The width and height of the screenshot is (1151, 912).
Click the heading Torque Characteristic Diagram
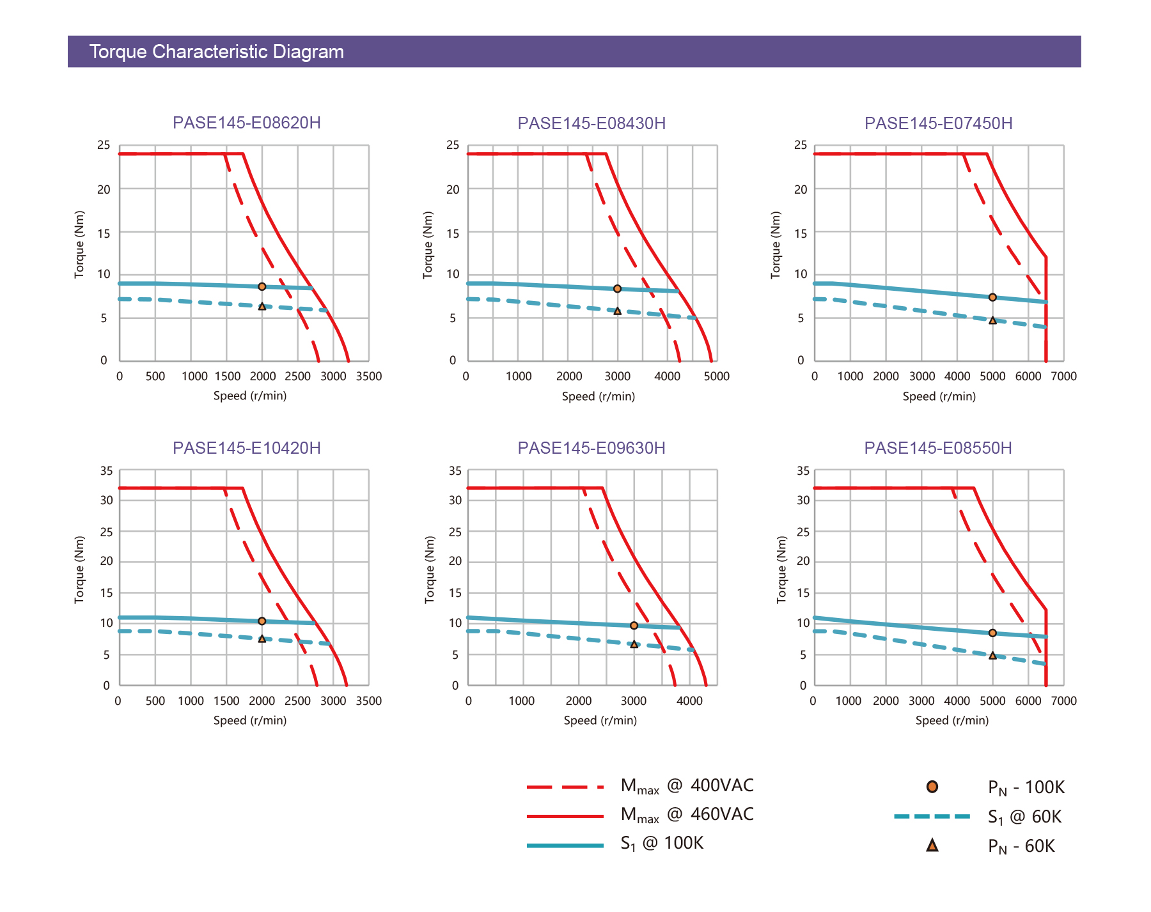[x=216, y=52]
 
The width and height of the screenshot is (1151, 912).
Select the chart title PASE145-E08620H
[x=247, y=123]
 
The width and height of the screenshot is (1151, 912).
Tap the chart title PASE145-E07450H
[x=938, y=123]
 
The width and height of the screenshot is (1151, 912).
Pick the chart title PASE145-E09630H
[x=591, y=448]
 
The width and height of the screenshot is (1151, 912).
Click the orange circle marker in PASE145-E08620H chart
[x=262, y=286]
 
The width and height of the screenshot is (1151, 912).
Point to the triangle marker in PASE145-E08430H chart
[x=617, y=311]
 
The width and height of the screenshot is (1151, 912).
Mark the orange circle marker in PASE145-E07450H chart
[x=992, y=297]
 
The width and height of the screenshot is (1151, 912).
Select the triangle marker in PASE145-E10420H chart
[x=262, y=638]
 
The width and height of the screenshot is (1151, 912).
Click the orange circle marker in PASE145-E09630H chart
[x=634, y=626]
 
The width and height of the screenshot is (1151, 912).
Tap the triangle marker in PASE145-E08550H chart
[x=992, y=656]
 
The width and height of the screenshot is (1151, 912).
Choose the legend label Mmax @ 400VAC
[x=687, y=786]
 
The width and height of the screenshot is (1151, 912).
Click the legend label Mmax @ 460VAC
[x=687, y=815]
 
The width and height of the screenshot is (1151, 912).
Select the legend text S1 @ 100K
[x=662, y=844]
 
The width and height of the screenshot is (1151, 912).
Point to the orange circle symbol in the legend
[x=932, y=787]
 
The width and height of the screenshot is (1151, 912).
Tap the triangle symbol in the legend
[x=932, y=846]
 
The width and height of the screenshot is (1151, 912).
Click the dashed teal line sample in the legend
[x=932, y=816]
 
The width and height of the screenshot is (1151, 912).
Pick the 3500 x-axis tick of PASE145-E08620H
[x=369, y=376]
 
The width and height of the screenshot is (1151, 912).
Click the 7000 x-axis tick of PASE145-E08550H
[x=1064, y=701]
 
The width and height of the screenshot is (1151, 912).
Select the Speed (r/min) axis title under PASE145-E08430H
[x=599, y=396]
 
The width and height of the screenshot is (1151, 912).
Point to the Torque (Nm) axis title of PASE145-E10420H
[x=79, y=569]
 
